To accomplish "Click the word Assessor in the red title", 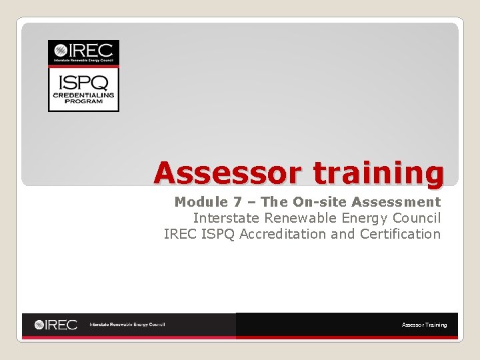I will click(x=229, y=173).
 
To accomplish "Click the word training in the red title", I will click(x=378, y=174).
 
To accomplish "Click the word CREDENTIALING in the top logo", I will click(x=83, y=95).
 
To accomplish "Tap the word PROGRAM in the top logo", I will click(x=83, y=102).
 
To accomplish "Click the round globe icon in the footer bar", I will click(x=41, y=325).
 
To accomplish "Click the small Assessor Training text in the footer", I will click(x=424, y=325).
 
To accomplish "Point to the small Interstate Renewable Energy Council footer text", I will click(x=127, y=325).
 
